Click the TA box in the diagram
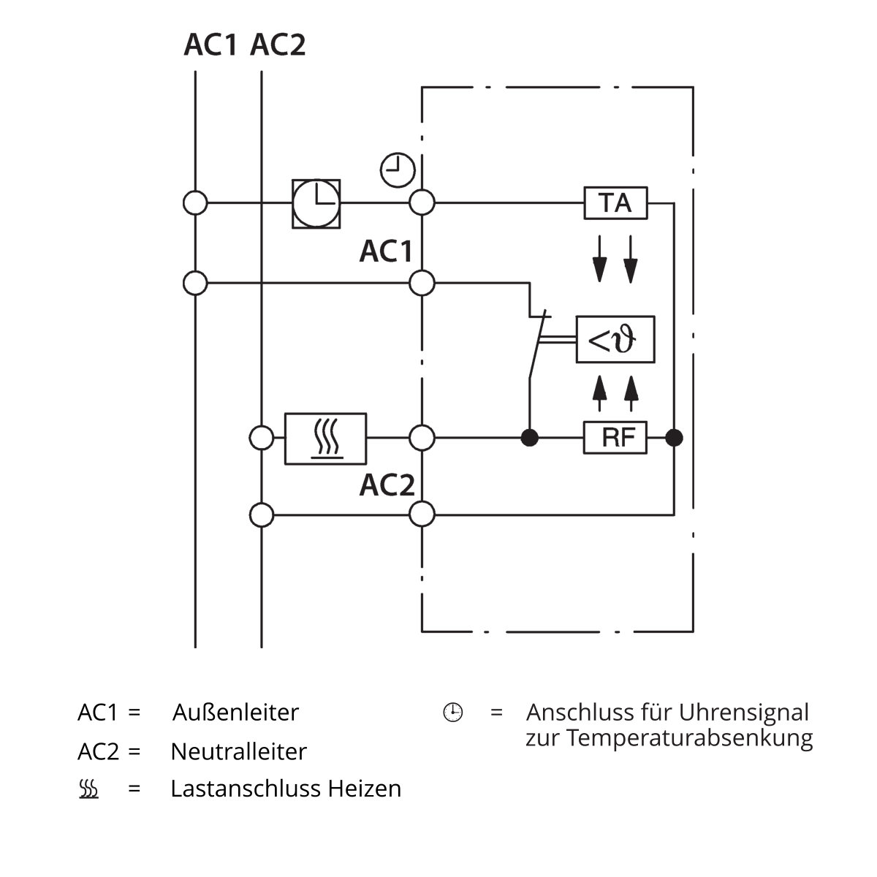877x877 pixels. click(x=615, y=203)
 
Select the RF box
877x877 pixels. click(x=615, y=437)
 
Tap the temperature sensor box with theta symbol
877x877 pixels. click(x=615, y=339)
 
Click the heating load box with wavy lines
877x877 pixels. click(x=325, y=438)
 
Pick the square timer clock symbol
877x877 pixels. click(x=316, y=203)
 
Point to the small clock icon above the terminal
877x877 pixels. click(x=398, y=170)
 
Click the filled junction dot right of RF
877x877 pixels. click(x=674, y=438)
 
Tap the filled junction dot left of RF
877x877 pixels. click(x=529, y=438)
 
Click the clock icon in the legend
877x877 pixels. click(x=453, y=713)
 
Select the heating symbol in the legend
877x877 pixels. click(x=88, y=789)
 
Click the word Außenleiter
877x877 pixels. click(x=235, y=713)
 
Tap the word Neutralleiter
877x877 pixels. click(x=238, y=751)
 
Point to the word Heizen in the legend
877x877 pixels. click(x=365, y=789)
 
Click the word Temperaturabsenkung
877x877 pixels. click(x=689, y=739)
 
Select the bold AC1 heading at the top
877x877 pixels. click(x=210, y=45)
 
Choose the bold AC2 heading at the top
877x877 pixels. click(x=278, y=45)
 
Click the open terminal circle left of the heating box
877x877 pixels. click(x=262, y=438)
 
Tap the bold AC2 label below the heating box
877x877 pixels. click(x=387, y=485)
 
